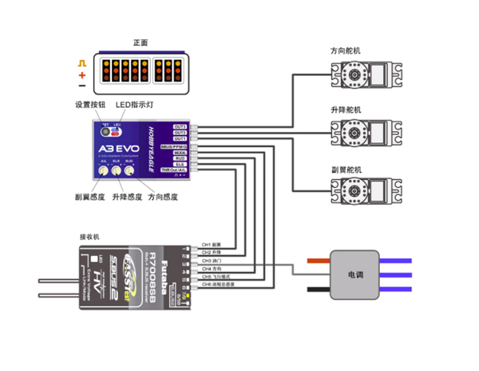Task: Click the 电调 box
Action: click(353, 273)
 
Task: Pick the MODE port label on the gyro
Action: click(180, 153)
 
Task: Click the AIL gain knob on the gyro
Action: click(105, 170)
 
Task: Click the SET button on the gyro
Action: click(105, 131)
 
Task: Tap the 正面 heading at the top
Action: click(141, 42)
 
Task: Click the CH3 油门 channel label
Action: click(212, 261)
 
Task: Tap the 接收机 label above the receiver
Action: click(90, 237)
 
